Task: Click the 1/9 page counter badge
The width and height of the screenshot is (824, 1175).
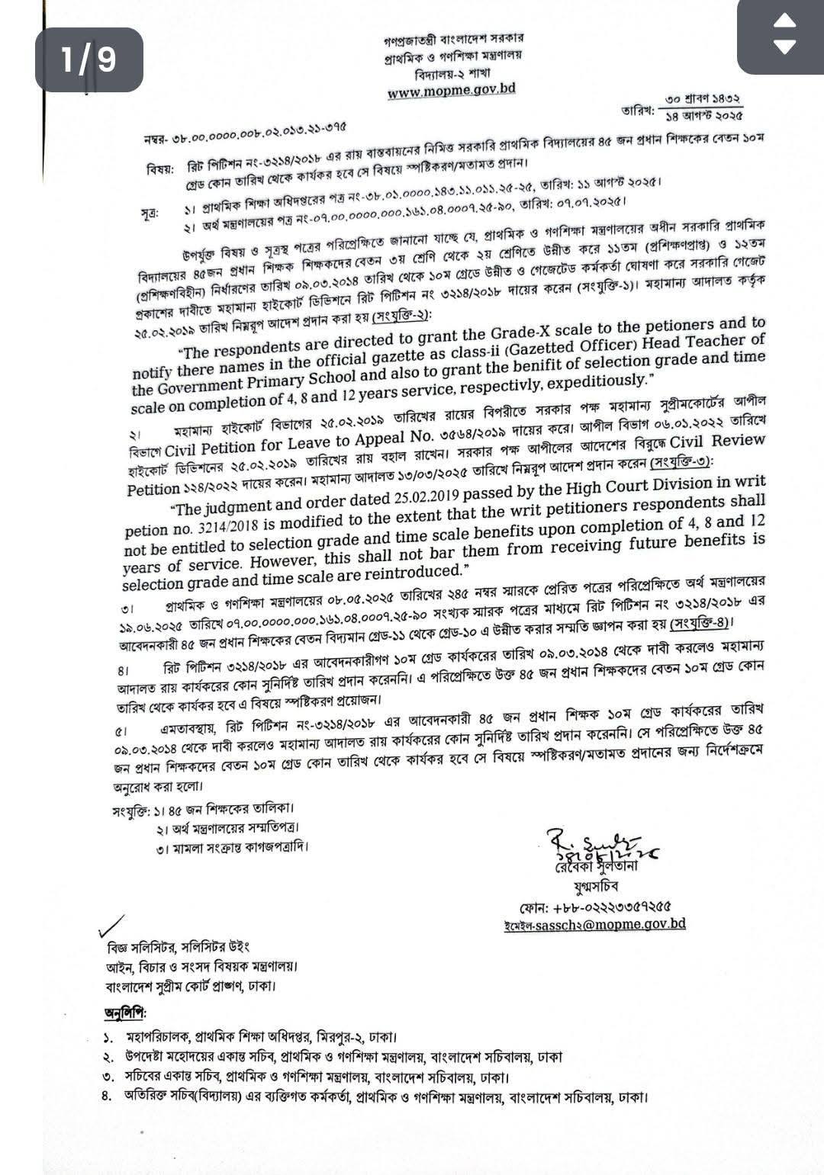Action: pyautogui.click(x=89, y=59)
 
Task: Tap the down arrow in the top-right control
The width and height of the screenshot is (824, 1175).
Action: pyautogui.click(x=784, y=47)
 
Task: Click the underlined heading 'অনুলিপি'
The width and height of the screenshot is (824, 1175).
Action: pyautogui.click(x=124, y=1014)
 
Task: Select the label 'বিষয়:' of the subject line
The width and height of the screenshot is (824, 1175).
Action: pyautogui.click(x=161, y=169)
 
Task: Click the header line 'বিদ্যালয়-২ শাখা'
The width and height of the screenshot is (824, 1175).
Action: pyautogui.click(x=453, y=74)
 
